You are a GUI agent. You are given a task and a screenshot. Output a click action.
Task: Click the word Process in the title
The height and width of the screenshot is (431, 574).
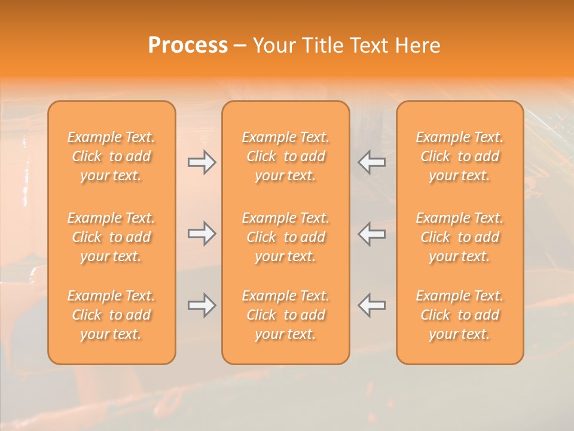188,45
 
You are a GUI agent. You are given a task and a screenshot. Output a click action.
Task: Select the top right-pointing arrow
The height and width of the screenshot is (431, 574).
201,162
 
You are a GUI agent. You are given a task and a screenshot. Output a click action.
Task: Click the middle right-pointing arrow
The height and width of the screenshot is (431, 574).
201,233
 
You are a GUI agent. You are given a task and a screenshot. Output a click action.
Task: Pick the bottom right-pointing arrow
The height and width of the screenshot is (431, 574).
201,305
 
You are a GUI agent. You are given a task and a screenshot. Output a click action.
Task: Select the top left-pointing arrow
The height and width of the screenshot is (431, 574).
372,162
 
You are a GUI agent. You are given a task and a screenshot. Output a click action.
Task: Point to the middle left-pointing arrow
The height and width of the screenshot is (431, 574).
372,233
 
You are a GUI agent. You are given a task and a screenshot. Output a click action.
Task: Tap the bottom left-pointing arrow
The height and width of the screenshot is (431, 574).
372,305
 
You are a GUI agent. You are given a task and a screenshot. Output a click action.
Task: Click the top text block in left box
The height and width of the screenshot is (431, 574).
111,156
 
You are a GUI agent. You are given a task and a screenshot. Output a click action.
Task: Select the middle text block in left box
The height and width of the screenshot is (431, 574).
111,237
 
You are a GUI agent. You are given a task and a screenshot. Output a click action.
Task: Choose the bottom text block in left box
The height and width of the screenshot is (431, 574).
111,315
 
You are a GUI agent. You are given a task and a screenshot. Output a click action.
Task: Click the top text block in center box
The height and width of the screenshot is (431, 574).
286,156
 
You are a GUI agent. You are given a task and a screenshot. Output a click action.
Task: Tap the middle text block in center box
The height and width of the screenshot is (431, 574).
286,237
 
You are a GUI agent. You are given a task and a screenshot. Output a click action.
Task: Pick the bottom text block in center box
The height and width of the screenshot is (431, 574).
286,315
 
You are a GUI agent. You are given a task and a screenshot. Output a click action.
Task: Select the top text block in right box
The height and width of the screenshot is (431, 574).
460,156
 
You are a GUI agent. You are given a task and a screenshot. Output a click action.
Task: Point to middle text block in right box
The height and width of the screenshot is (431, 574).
460,237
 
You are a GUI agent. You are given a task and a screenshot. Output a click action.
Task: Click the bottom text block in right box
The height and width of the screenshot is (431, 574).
460,315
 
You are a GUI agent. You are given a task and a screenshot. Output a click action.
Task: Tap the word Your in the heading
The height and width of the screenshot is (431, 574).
274,45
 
